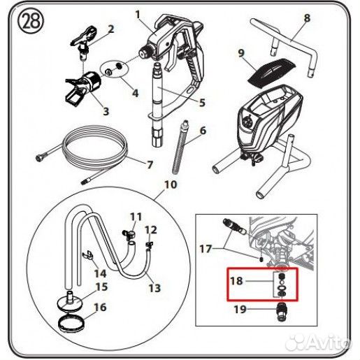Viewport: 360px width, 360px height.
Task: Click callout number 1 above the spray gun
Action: tap(138, 15)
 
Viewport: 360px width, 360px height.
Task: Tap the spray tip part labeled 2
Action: tap(84, 43)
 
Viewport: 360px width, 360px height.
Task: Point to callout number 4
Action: tap(135, 93)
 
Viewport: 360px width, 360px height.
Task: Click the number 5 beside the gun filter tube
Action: tap(202, 103)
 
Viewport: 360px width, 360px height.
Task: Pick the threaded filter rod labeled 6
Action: tap(180, 147)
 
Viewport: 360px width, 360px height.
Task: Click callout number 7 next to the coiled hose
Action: tap(150, 164)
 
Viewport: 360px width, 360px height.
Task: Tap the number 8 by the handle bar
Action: tap(307, 17)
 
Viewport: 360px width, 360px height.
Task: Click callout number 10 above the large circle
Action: tap(171, 185)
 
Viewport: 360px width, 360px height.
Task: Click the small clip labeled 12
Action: tap(149, 245)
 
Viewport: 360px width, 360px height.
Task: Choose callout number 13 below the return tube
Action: tap(154, 288)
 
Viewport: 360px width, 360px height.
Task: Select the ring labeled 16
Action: tap(71, 322)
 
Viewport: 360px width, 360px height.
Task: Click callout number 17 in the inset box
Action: tap(206, 249)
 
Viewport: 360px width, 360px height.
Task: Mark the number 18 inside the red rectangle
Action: tap(236, 281)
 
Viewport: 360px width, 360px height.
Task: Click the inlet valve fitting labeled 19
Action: tap(282, 312)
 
